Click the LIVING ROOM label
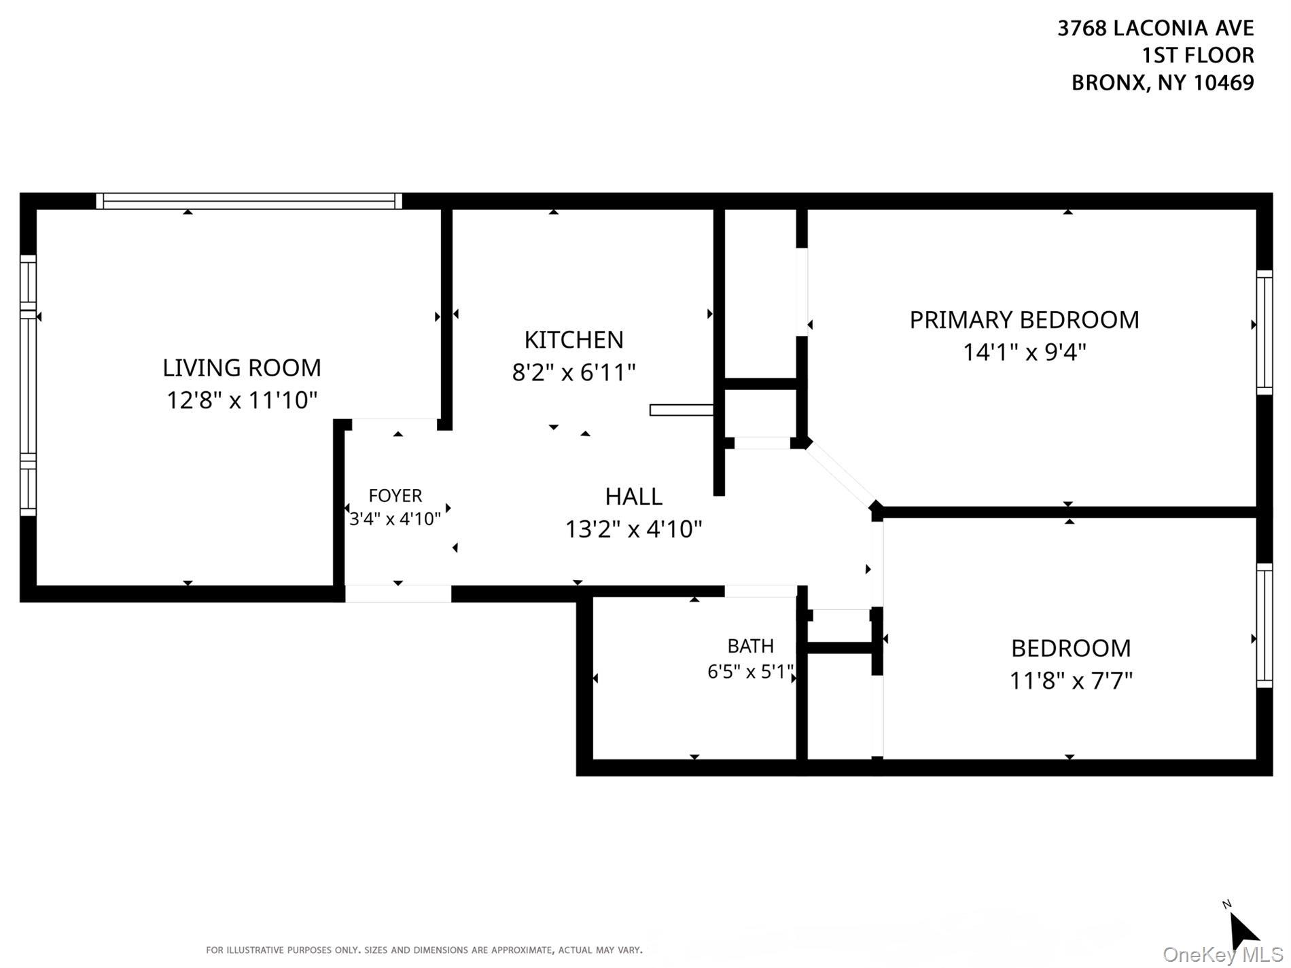(241, 368)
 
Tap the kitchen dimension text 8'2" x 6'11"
(573, 372)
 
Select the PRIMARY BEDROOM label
(1024, 320)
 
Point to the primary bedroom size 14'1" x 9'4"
(1024, 352)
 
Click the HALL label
(633, 497)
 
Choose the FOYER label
(395, 495)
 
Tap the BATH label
(750, 645)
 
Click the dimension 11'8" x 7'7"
(1071, 680)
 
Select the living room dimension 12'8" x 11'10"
(242, 400)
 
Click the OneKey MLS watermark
(1223, 954)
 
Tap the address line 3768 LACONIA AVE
(1155, 28)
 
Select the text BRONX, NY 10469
(1163, 82)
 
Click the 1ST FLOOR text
(1198, 55)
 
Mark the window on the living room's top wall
(249, 201)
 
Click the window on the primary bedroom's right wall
(1265, 332)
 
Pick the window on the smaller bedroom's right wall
(1265, 625)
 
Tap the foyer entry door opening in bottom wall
(398, 594)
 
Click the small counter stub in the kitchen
(682, 410)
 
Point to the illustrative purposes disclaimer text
(424, 950)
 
